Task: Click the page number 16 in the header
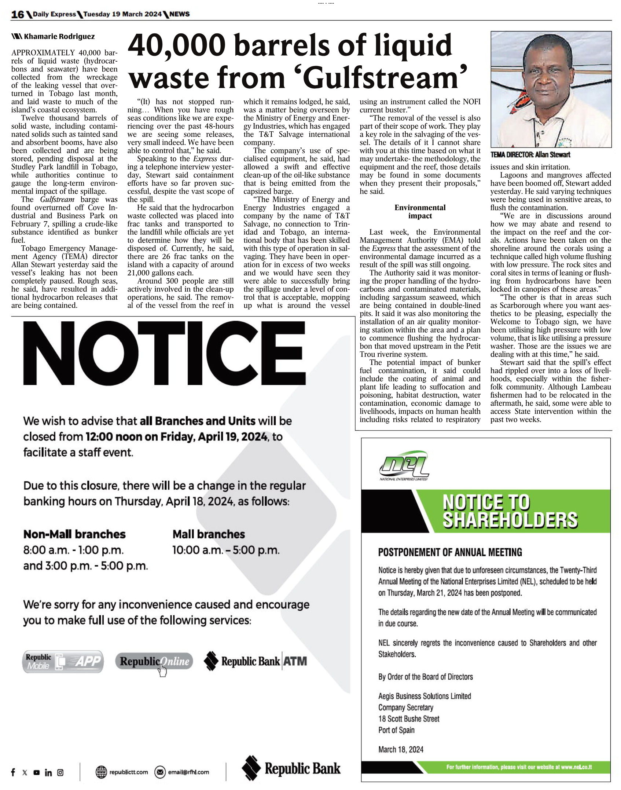(x=17, y=14)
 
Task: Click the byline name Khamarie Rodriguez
(x=59, y=37)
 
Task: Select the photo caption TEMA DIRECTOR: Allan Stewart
(x=530, y=155)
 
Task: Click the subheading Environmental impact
(x=420, y=212)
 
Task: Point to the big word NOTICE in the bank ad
(x=164, y=354)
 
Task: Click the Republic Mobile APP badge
(x=63, y=661)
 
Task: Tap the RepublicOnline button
(x=154, y=661)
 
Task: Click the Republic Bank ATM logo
(x=256, y=661)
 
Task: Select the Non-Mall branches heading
(x=74, y=534)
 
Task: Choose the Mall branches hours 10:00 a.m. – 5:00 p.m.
(x=226, y=550)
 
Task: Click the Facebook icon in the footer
(x=13, y=772)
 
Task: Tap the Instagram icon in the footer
(x=60, y=772)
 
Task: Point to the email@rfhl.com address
(x=188, y=772)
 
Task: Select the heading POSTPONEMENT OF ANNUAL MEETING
(x=450, y=552)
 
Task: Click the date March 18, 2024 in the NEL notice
(x=401, y=749)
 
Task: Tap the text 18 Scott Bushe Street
(x=409, y=718)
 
